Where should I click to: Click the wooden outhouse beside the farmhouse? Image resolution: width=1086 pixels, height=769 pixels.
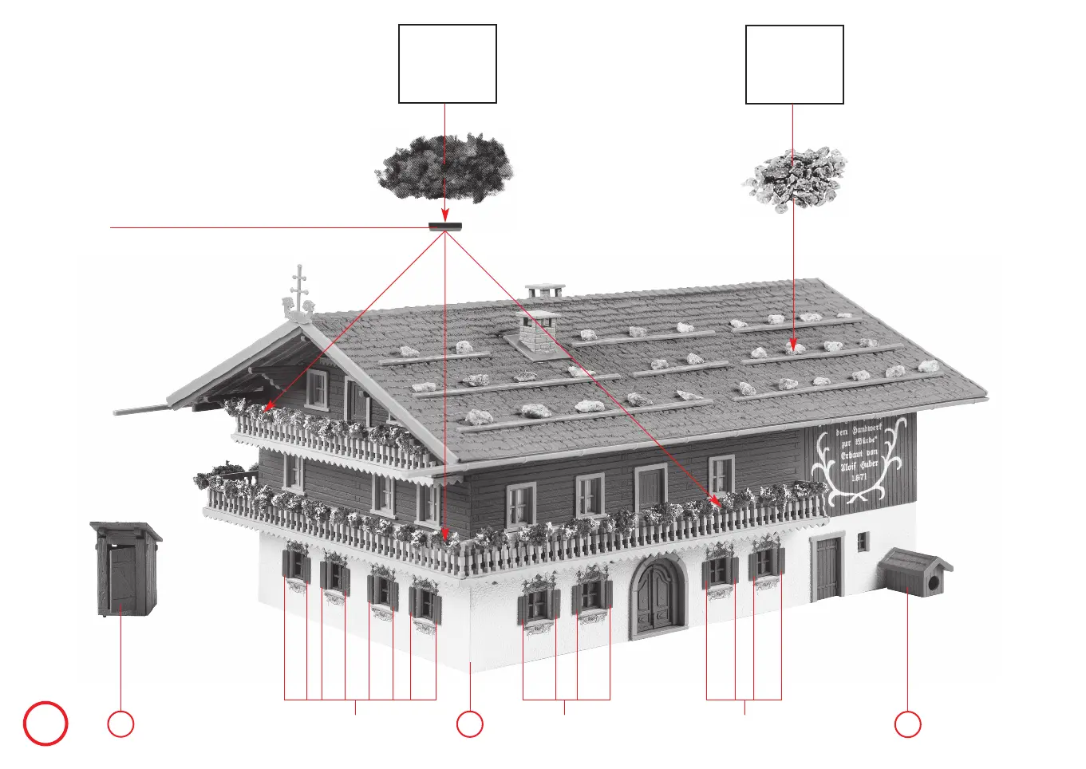125,569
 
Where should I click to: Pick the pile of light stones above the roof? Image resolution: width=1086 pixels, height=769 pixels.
794,178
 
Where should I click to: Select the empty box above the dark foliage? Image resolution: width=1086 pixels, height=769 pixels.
447,64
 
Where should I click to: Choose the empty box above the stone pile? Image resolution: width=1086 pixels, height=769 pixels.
794,65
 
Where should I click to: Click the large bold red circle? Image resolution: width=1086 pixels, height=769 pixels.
45,724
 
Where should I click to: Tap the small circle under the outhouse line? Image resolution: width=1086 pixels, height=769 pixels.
120,724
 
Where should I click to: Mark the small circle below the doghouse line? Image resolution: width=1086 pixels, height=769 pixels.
907,724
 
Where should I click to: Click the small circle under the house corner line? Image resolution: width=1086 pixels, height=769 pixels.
469,724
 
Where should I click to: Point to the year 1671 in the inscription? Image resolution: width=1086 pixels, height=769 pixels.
859,477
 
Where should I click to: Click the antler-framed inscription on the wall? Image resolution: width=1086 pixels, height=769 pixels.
858,459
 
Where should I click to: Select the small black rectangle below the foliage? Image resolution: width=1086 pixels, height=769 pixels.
445,227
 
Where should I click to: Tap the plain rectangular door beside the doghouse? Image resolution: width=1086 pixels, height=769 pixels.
827,568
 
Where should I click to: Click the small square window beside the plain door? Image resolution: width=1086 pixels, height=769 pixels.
862,542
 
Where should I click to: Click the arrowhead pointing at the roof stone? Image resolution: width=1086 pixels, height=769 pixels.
793,346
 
